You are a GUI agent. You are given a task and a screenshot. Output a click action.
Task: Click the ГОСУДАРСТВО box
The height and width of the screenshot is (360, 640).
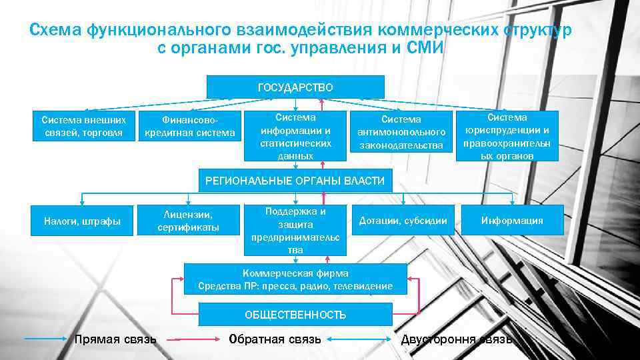(295, 87)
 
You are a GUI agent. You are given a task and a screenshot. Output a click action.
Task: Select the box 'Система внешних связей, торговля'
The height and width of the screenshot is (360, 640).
(83, 126)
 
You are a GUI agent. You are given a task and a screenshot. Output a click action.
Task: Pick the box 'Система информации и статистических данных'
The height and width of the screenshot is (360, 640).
(295, 136)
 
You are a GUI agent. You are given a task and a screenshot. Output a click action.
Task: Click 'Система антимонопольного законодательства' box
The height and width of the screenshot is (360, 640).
(401, 132)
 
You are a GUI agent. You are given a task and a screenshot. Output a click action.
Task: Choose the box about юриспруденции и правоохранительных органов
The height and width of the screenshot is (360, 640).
(509, 136)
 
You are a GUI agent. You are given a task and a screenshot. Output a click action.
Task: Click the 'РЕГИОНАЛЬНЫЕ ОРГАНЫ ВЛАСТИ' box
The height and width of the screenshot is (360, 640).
(295, 180)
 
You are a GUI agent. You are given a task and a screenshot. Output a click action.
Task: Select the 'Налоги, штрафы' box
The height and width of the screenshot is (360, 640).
(82, 221)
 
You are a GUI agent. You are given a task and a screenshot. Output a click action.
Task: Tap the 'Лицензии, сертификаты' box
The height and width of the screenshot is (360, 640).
(189, 221)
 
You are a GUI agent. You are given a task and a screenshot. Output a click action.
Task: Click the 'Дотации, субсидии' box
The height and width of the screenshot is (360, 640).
(403, 221)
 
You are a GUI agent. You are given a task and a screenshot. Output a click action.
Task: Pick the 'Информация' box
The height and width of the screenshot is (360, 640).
(512, 221)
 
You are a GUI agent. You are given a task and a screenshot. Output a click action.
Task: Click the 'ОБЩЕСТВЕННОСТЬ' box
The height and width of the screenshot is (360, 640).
(295, 315)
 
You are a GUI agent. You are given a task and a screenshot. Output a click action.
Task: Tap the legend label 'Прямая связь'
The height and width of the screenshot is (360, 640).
(115, 339)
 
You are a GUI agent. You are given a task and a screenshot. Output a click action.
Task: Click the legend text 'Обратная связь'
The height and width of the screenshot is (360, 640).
(275, 339)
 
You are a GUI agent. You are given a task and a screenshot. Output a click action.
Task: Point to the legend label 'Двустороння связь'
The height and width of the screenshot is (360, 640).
(457, 339)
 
